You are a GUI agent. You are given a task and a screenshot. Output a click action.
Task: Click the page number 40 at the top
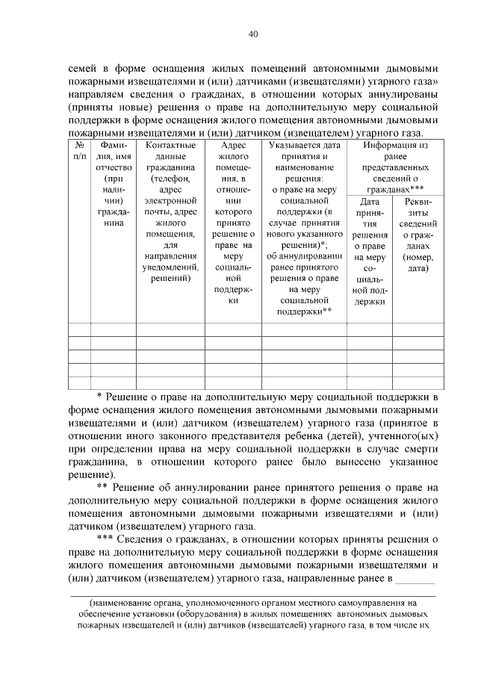(x=253, y=34)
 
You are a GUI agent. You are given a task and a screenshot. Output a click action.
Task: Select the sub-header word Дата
(x=369, y=202)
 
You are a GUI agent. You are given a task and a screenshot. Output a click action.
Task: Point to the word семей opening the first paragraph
(x=83, y=65)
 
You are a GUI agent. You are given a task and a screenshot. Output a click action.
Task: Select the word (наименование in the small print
(x=122, y=601)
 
